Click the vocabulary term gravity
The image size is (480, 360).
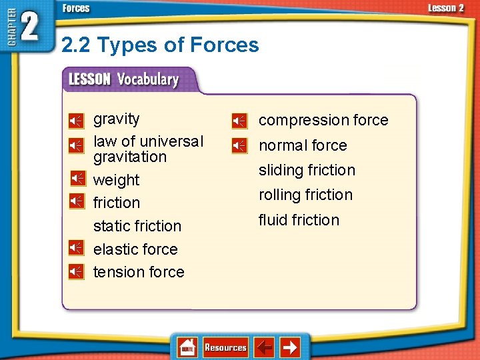[117, 119]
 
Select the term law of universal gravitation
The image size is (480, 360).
[148, 149]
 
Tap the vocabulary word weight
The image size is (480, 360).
[117, 180]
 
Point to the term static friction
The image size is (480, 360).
[137, 226]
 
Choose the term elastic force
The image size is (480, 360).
[135, 249]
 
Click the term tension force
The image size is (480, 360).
[139, 272]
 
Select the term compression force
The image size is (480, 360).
[323, 120]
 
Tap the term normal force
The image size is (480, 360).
[303, 145]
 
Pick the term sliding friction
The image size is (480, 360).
[307, 170]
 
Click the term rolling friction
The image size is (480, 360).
[305, 195]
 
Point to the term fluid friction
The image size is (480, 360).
[299, 220]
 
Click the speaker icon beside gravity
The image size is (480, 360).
[77, 121]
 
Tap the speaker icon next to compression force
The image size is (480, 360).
[239, 121]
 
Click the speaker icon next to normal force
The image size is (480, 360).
[239, 145]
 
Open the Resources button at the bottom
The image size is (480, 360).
[225, 347]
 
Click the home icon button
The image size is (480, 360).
[187, 347]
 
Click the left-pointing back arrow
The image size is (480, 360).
[265, 347]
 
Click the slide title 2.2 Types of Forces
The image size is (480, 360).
[160, 45]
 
